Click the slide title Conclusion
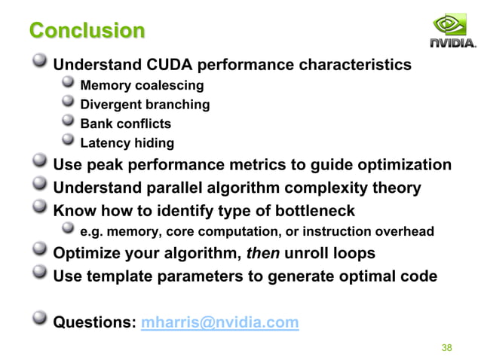(x=87, y=31)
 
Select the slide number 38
(x=446, y=347)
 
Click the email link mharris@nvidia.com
(x=220, y=323)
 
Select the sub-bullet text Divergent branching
(x=145, y=104)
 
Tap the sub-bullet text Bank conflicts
(x=125, y=124)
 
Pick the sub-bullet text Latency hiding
(x=127, y=143)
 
